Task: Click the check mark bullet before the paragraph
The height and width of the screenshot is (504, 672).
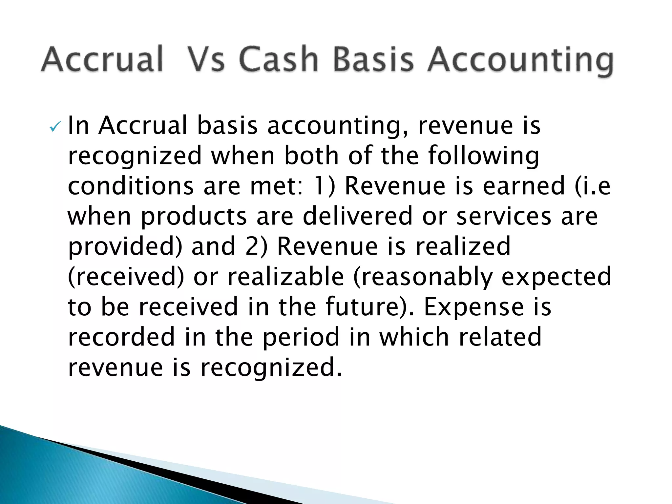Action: (x=54, y=127)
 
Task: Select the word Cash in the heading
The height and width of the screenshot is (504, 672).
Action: (x=279, y=59)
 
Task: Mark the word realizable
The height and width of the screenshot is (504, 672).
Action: (x=286, y=276)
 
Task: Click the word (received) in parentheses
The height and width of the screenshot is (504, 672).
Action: (x=126, y=276)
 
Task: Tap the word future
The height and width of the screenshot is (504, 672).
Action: (x=363, y=306)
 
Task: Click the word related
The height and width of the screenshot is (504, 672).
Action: (x=500, y=337)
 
